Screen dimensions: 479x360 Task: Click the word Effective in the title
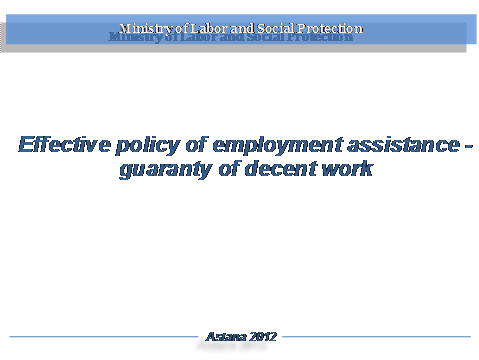tap(64, 144)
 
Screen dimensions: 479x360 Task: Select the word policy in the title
tap(148, 146)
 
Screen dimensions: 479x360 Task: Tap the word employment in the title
tap(277, 146)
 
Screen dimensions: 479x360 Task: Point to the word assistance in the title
tap(403, 145)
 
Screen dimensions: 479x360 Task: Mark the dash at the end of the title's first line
tap(468, 147)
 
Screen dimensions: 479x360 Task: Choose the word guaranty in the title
tap(166, 170)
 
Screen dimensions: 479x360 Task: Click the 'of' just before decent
tap(229, 168)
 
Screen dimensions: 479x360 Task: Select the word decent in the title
tap(280, 169)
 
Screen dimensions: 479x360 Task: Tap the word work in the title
tap(347, 168)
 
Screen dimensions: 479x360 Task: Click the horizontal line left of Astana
tap(104, 337)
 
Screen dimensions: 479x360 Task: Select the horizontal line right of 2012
tap(377, 337)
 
